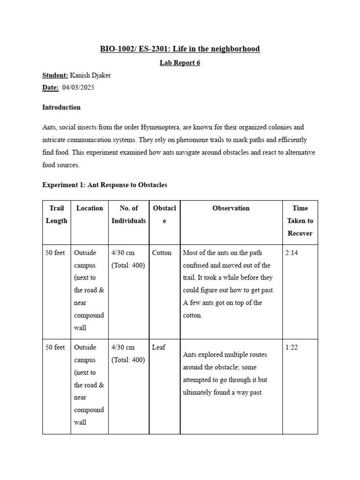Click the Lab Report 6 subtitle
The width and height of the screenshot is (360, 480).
click(x=180, y=63)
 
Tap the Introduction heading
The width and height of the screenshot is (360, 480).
click(x=61, y=107)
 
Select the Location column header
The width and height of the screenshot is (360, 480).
click(x=90, y=208)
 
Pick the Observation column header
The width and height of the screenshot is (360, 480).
click(x=231, y=208)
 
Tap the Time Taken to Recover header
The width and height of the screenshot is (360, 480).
click(x=300, y=220)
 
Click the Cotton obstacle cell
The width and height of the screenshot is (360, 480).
click(x=162, y=253)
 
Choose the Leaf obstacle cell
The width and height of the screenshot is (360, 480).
click(x=158, y=347)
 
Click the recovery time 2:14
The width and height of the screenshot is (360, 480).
click(x=292, y=253)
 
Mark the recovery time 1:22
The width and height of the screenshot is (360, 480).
click(x=292, y=347)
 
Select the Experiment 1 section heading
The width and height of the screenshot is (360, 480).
click(x=105, y=185)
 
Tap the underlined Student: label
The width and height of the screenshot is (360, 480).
click(x=55, y=75)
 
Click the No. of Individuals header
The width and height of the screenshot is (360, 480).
click(x=128, y=214)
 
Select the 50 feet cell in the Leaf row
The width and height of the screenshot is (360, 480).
click(x=55, y=347)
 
